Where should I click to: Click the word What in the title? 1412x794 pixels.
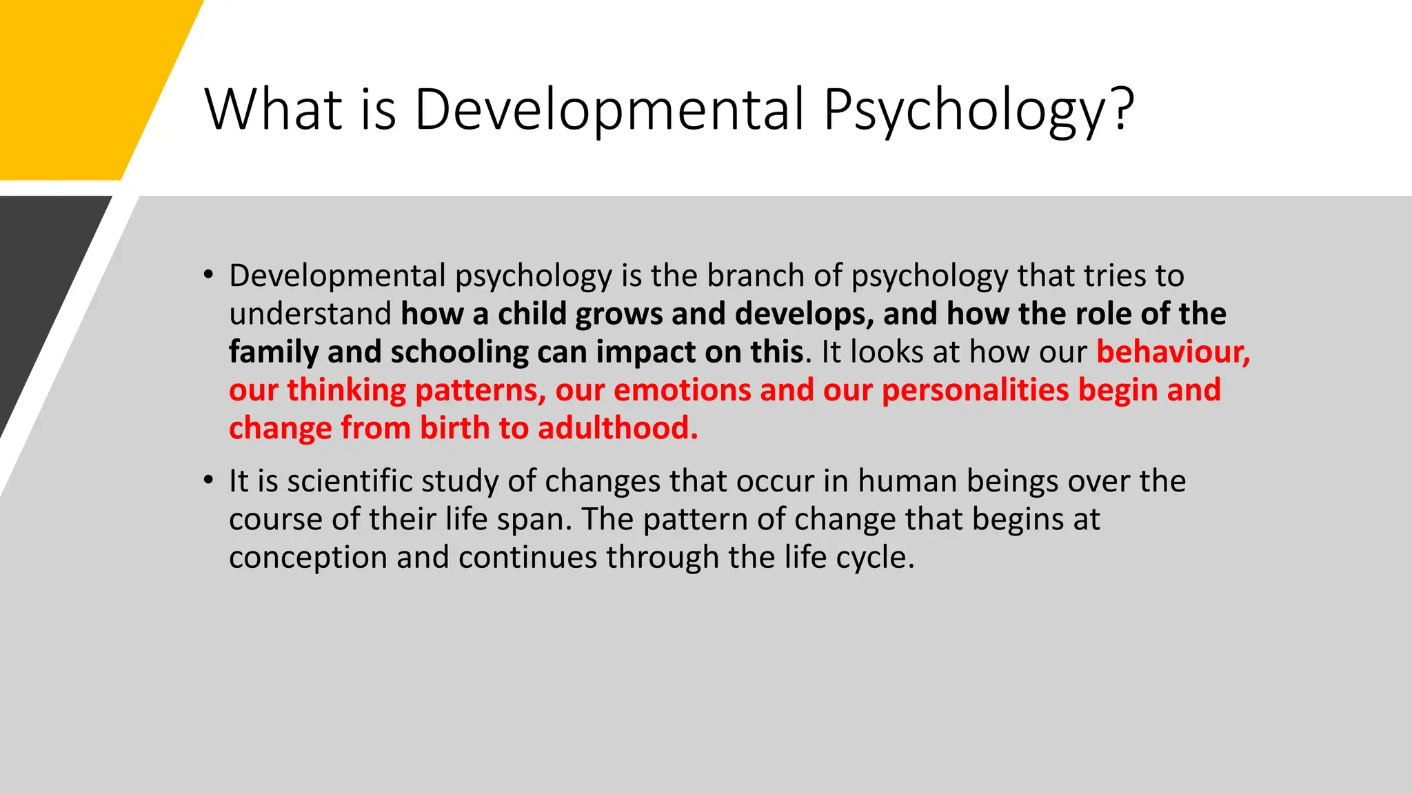pyautogui.click(x=273, y=109)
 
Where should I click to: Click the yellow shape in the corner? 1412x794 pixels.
pyautogui.click(x=76, y=83)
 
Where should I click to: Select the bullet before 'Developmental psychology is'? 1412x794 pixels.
pyautogui.click(x=208, y=275)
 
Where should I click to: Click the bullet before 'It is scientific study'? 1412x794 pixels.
pyautogui.click(x=208, y=480)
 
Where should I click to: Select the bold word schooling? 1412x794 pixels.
pyautogui.click(x=459, y=352)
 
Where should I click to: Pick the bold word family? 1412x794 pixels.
pyautogui.click(x=273, y=352)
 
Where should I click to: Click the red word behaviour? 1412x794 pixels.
pyautogui.click(x=1172, y=352)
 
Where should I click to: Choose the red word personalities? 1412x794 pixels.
pyautogui.click(x=975, y=390)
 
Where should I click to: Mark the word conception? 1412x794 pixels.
pyautogui.click(x=307, y=557)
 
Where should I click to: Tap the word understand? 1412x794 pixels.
pyautogui.click(x=310, y=314)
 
